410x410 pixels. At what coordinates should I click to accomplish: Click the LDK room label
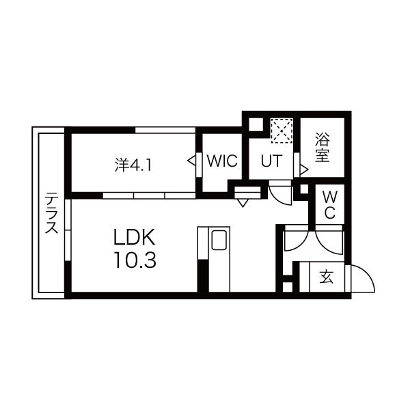pyautogui.click(x=135, y=237)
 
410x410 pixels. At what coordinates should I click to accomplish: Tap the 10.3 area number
pyautogui.click(x=135, y=260)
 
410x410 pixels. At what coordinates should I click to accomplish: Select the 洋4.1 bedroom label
pyautogui.click(x=133, y=165)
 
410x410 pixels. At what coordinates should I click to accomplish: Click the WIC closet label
pyautogui.click(x=222, y=161)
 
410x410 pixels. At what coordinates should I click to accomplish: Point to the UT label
pyautogui.click(x=272, y=161)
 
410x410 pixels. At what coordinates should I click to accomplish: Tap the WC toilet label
pyautogui.click(x=330, y=205)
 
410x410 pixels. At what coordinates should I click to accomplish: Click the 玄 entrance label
pyautogui.click(x=327, y=277)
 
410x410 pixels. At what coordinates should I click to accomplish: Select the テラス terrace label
pyautogui.click(x=51, y=213)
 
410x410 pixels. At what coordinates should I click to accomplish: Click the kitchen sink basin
pyautogui.click(x=219, y=240)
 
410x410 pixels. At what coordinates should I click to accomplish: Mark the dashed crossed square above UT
pyautogui.click(x=282, y=131)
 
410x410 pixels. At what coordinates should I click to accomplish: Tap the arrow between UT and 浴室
pyautogui.click(x=304, y=170)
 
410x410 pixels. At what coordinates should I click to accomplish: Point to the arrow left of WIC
pyautogui.click(x=191, y=161)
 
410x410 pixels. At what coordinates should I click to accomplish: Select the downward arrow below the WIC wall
pyautogui.click(x=243, y=203)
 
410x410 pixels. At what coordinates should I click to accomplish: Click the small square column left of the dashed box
pyautogui.click(x=256, y=125)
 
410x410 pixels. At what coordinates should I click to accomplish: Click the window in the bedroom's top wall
pyautogui.click(x=165, y=130)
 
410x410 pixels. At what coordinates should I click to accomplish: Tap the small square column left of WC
pyautogui.click(x=304, y=189)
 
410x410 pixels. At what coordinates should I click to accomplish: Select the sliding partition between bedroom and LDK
pyautogui.click(x=149, y=195)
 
